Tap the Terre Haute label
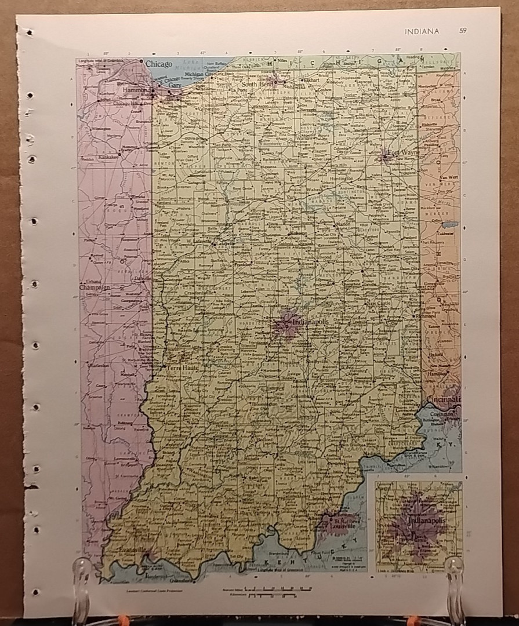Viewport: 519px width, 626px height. pyautogui.click(x=178, y=367)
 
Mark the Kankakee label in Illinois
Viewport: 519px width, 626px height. pyautogui.click(x=107, y=157)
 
